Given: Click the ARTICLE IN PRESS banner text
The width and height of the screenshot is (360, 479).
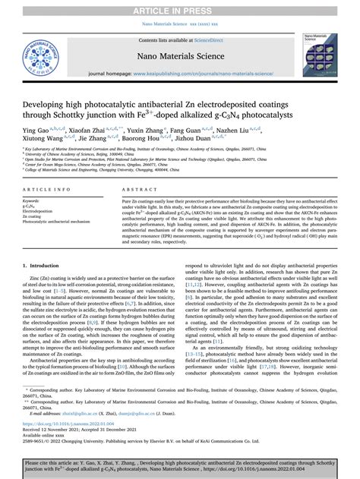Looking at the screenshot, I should click(179, 8).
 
